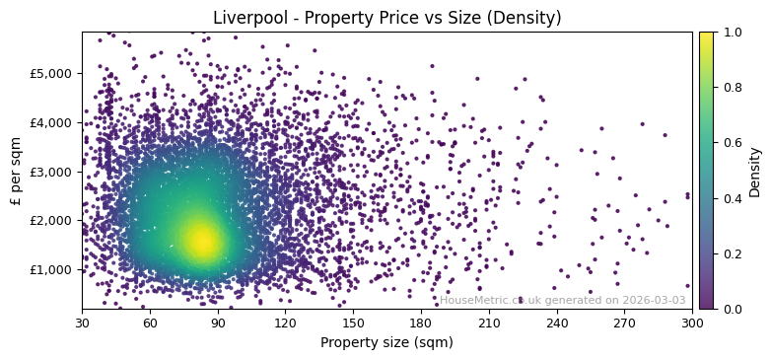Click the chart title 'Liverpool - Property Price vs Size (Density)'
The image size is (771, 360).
pyautogui.click(x=386, y=18)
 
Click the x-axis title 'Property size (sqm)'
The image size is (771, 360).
pyautogui.click(x=386, y=342)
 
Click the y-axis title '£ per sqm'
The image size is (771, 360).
pyautogui.click(x=16, y=171)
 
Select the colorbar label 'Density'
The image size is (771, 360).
pyautogui.click(x=755, y=171)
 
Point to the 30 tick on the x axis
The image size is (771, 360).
pyautogui.click(x=82, y=323)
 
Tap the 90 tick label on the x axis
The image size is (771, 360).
pyautogui.click(x=218, y=323)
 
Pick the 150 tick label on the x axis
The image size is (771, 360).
pyautogui.click(x=353, y=323)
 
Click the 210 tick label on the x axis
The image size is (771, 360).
pyautogui.click(x=489, y=323)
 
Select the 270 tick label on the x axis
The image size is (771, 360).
pyautogui.click(x=624, y=323)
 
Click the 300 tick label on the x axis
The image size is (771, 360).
pyautogui.click(x=692, y=323)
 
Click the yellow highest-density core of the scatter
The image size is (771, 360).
pyautogui.click(x=202, y=240)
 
